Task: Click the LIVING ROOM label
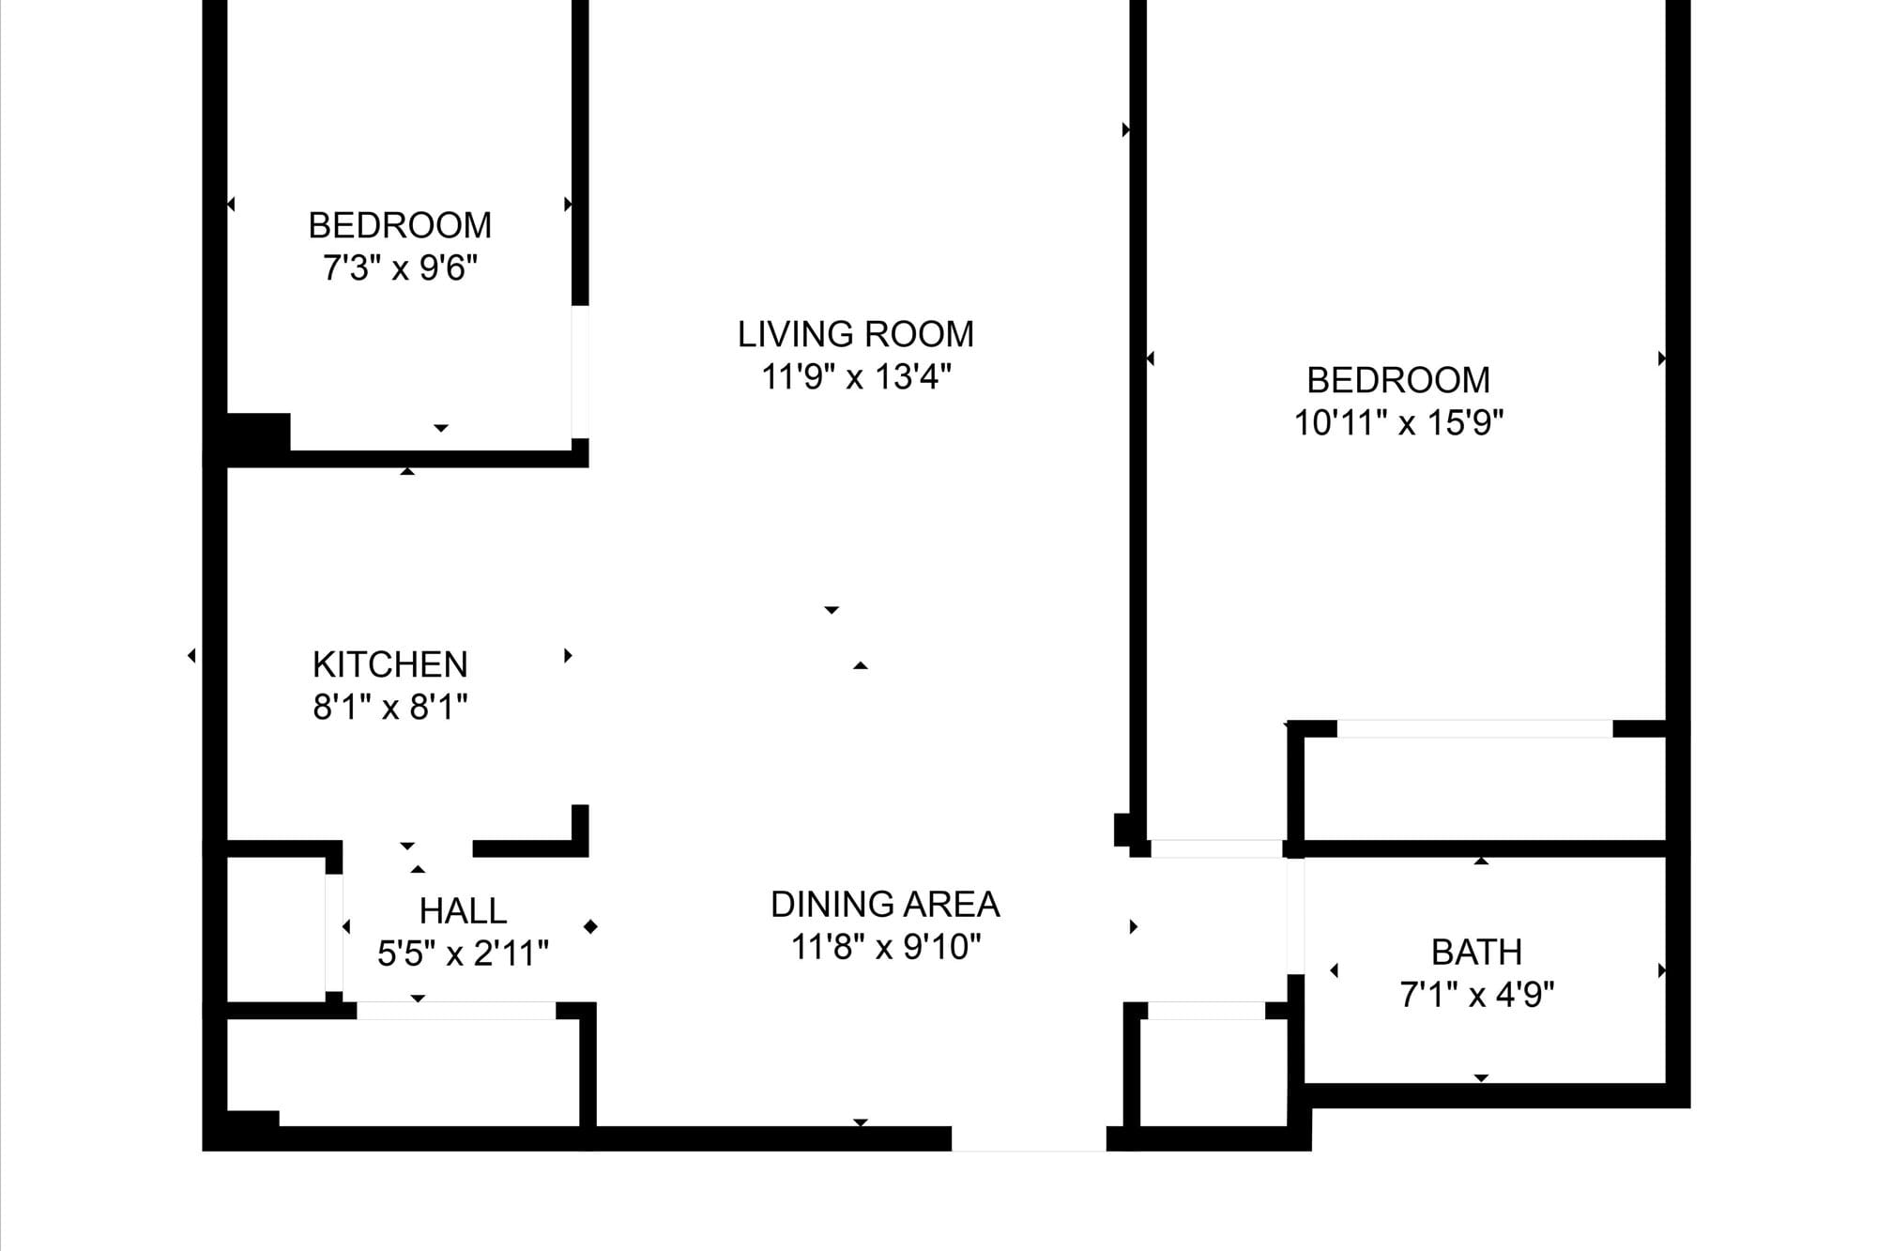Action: point(855,334)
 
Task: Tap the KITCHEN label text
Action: point(390,664)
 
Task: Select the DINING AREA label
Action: point(885,905)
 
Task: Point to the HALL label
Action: point(463,910)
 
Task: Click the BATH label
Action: point(1476,953)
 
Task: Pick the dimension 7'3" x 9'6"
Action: point(401,268)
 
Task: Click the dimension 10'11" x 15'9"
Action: point(1398,423)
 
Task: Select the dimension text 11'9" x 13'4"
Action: point(856,377)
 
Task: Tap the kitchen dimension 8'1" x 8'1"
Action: point(390,707)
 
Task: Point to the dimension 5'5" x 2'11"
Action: point(463,954)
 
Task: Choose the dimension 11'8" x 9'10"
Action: point(886,947)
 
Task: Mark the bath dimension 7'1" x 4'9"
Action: point(1477,995)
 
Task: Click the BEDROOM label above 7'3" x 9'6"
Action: point(400,225)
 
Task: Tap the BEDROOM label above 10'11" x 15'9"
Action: point(1398,380)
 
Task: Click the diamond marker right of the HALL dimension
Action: point(590,927)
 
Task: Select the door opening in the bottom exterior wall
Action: point(1029,1138)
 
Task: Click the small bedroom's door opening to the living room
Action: point(581,372)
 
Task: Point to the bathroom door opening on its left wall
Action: point(1295,916)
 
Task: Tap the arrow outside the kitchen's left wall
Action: point(191,655)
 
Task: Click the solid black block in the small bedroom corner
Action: point(258,434)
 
